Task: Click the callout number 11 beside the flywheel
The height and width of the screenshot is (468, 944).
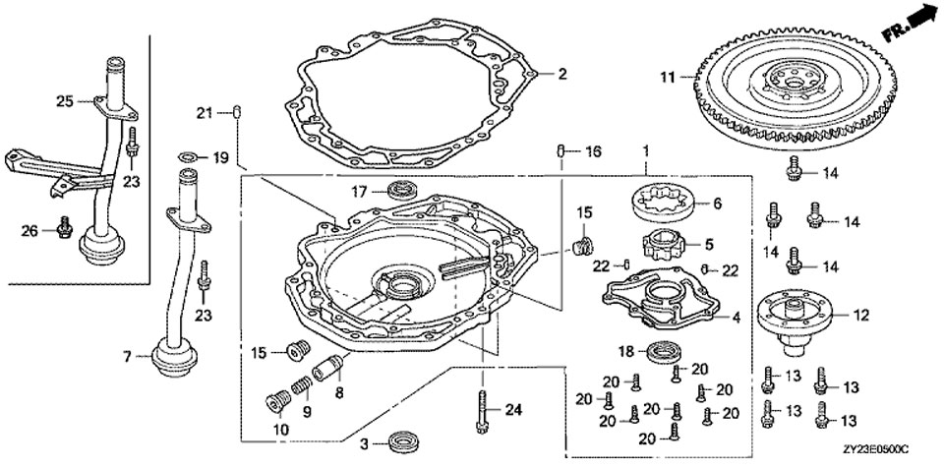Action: click(666, 76)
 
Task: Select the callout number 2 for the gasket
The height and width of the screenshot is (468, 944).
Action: click(562, 74)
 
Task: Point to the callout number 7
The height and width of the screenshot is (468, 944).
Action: click(127, 357)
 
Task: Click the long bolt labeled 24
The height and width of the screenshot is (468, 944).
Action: click(482, 409)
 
